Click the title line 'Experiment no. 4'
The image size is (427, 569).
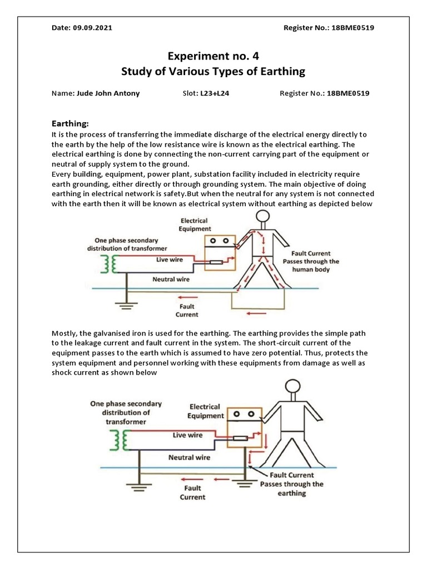213,56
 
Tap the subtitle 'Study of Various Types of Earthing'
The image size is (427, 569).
213,72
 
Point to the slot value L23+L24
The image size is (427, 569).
214,93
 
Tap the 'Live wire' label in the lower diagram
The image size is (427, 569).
187,435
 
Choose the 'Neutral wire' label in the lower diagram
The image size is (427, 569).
189,458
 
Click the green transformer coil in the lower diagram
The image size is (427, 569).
118,442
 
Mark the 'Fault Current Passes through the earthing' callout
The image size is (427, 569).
291,484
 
